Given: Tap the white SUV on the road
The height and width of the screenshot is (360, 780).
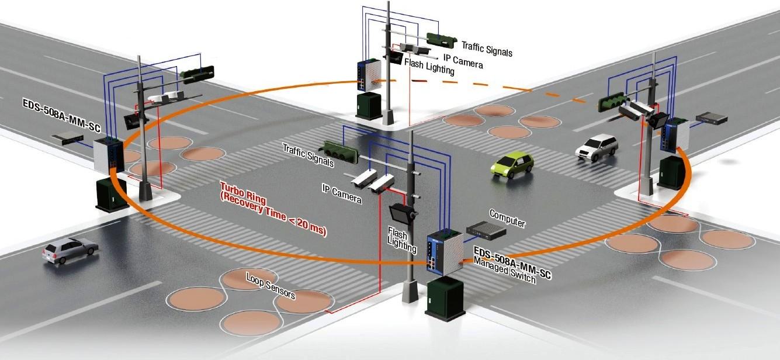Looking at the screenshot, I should [x=597, y=146].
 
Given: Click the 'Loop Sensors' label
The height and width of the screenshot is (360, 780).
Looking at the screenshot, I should [x=271, y=286].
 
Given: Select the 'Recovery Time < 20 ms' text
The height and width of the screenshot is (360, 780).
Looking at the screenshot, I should [x=273, y=216].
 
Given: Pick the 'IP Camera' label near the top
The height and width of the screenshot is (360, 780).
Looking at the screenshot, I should [x=463, y=59].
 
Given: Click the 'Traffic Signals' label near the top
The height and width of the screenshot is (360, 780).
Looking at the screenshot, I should [x=487, y=48].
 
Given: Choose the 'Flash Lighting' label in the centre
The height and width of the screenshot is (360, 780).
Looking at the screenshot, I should [x=402, y=240].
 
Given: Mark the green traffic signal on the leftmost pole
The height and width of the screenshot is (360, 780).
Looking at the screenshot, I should [x=197, y=74].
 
